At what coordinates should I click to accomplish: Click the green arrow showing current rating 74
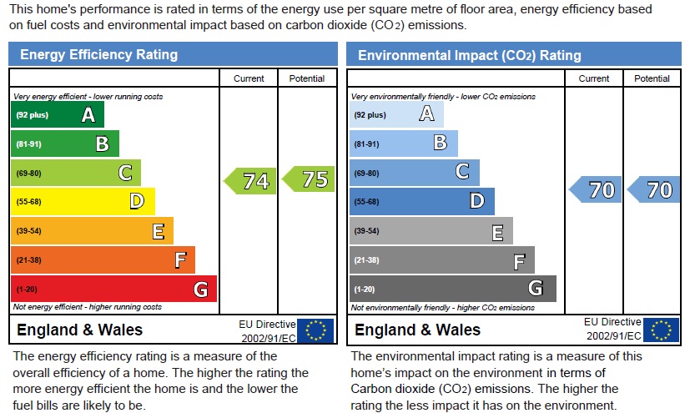click(250, 180)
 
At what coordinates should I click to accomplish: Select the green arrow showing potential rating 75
click(309, 179)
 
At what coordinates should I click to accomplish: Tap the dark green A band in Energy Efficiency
click(58, 115)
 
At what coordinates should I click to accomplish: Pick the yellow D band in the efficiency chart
click(83, 201)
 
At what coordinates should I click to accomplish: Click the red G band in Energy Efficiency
click(113, 289)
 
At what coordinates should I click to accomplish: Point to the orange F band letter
click(179, 260)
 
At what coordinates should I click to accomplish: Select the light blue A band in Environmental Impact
click(396, 115)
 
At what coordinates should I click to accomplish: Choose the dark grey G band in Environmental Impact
click(452, 289)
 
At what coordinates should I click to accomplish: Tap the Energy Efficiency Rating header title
click(98, 55)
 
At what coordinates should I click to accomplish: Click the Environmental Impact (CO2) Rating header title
click(469, 56)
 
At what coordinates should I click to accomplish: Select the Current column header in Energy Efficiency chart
click(249, 78)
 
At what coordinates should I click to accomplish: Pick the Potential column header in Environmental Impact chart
click(652, 78)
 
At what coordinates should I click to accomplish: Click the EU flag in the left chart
click(316, 330)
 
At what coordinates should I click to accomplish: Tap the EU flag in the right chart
click(661, 330)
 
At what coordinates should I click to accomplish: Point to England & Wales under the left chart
click(80, 330)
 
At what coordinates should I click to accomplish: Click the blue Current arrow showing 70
click(596, 190)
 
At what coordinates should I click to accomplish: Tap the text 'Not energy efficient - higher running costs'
click(88, 307)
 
